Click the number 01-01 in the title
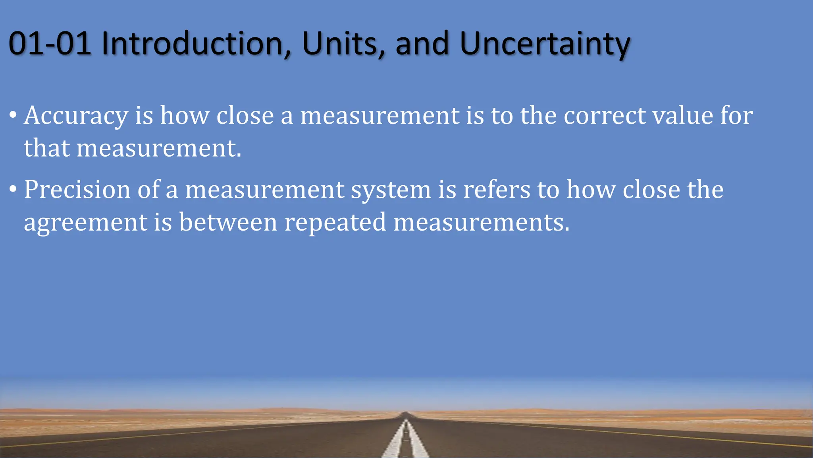pos(50,43)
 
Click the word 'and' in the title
pos(422,43)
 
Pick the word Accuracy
pos(76,116)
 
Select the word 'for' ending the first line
pos(737,116)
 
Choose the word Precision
pos(77,190)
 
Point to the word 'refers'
pos(497,190)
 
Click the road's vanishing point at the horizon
pos(406,413)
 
